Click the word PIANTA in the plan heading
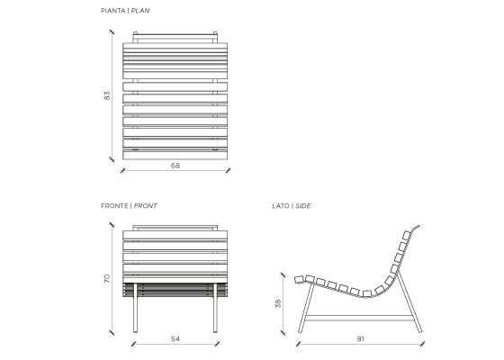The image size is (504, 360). tap(112, 11)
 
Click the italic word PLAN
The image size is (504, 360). tap(140, 11)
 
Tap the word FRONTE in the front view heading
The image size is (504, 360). tap(114, 206)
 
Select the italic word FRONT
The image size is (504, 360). tap(145, 206)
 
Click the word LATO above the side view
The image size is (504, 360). tap(281, 206)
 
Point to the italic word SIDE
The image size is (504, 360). tap(303, 206)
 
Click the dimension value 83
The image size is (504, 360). tap(107, 95)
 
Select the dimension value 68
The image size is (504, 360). tap(175, 166)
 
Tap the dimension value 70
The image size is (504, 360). tap(107, 279)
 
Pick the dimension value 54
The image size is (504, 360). tap(175, 338)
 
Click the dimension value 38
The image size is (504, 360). tap(278, 303)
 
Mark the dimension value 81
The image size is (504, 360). tap(360, 338)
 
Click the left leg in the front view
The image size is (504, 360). tap(135, 308)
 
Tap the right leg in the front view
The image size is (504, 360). tap(215, 308)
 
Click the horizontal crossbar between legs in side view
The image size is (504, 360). tap(359, 319)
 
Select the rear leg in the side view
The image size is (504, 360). tap(409, 301)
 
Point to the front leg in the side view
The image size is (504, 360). tap(306, 308)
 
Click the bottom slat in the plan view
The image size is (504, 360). tap(175, 155)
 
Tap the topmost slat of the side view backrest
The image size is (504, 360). tap(407, 235)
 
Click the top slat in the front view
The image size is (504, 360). tap(175, 235)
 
